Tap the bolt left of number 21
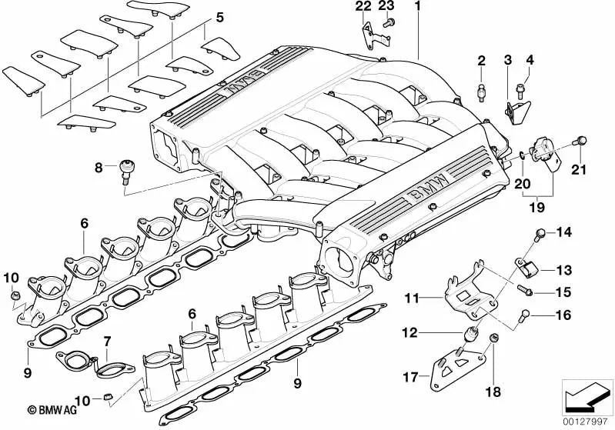click(581, 141)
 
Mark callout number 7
click(108, 340)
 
